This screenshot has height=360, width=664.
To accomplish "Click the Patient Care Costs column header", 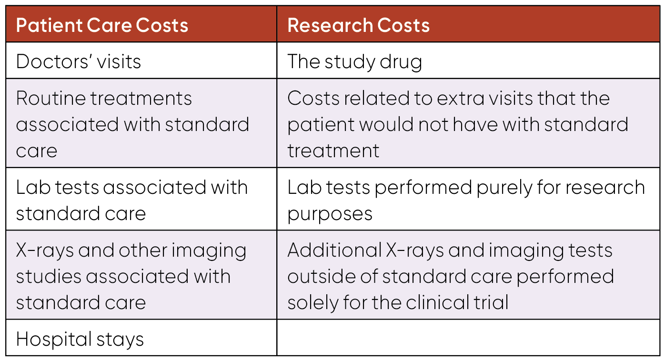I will (x=102, y=25).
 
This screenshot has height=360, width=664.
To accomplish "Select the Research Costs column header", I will (x=358, y=25).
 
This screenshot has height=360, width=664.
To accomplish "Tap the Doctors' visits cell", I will (x=79, y=61).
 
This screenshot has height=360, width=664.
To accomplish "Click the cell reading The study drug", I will (x=354, y=61).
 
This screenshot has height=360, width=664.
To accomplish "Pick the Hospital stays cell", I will (x=80, y=339).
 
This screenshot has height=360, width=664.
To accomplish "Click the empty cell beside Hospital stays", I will (x=469, y=338).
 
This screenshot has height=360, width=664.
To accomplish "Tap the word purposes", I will (x=330, y=214).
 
